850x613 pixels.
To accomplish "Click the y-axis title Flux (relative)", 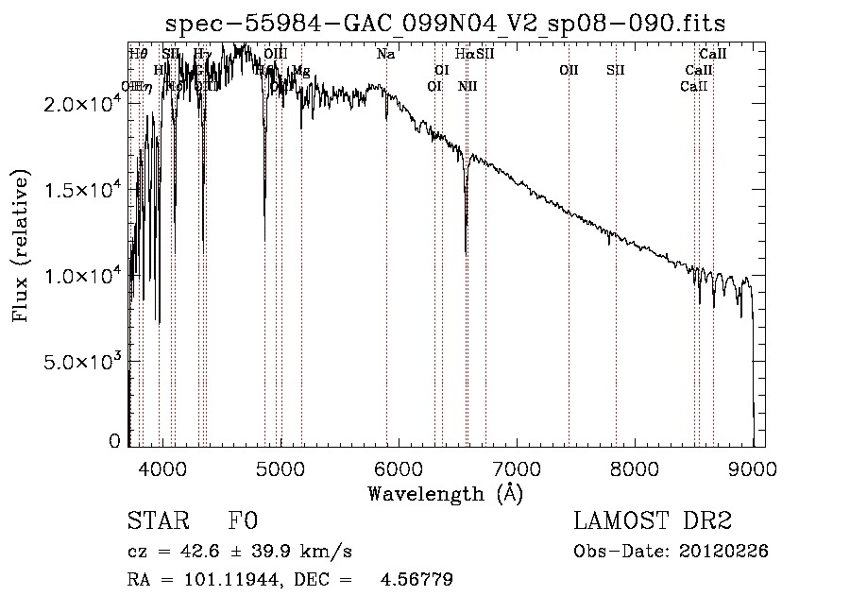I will (21, 246).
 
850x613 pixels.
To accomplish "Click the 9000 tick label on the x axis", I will (753, 468).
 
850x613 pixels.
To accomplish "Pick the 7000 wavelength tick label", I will (517, 468).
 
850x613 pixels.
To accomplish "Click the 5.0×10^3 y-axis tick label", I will (82, 362).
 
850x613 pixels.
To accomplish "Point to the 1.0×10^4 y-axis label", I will (82, 276).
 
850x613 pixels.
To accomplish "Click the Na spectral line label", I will (385, 54).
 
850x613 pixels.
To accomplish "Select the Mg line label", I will (301, 71).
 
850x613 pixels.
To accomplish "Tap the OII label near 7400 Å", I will (568, 70).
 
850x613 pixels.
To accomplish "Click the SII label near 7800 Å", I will (616, 70).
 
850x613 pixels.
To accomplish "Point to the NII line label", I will (467, 86).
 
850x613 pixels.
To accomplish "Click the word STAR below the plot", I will (157, 521).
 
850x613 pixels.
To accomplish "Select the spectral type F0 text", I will (243, 521).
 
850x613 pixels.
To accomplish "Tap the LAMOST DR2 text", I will (653, 521).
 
